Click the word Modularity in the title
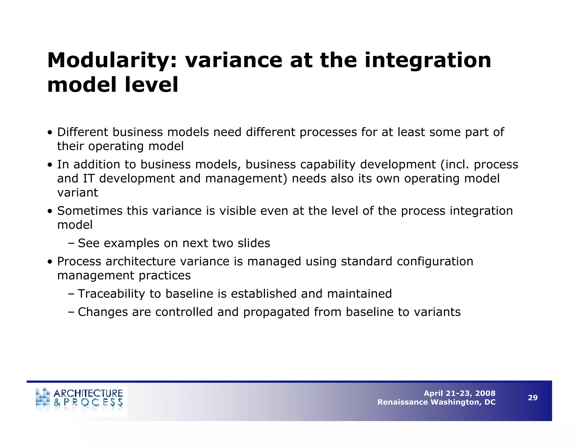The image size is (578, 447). [112, 61]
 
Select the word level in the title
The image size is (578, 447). [151, 85]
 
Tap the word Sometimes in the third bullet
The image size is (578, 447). [90, 211]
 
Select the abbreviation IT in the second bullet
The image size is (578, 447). [88, 179]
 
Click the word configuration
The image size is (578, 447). [435, 262]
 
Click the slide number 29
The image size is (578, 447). [533, 398]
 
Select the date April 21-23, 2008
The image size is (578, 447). [459, 393]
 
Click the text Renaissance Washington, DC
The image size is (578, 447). [436, 402]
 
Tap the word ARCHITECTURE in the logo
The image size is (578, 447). [88, 393]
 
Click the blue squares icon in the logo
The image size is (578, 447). [43, 397]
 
